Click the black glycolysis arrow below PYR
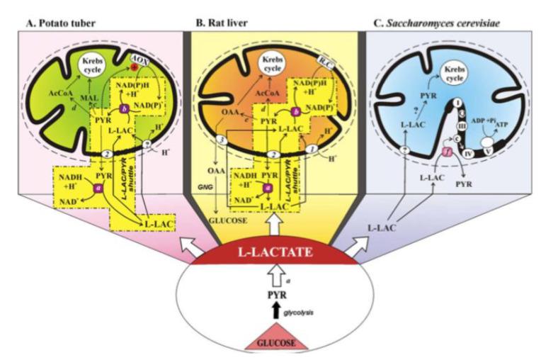click(271, 310)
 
